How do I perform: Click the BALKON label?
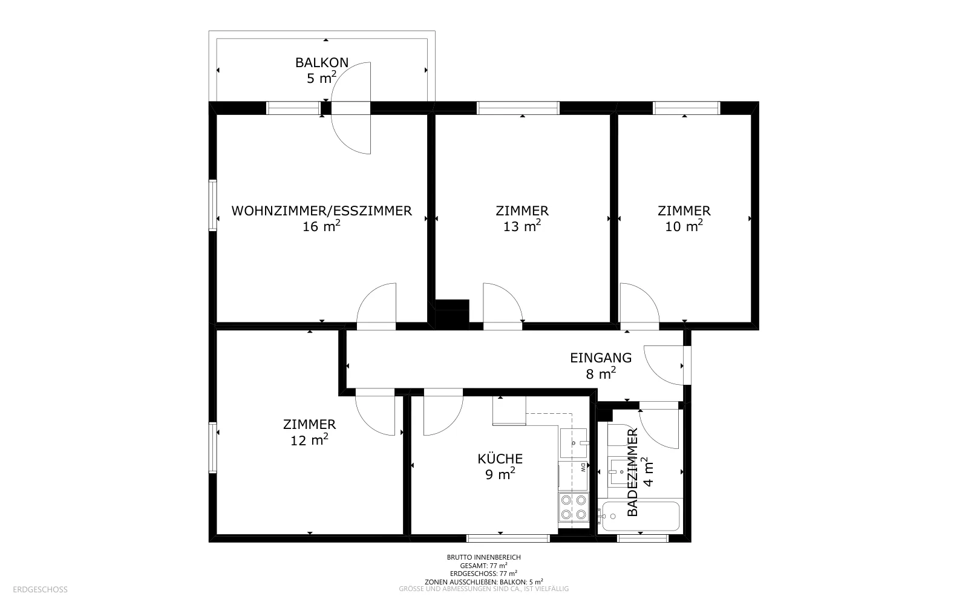pyautogui.click(x=321, y=63)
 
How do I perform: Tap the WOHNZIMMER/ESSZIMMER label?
pyautogui.click(x=321, y=211)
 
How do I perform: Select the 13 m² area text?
pyautogui.click(x=522, y=226)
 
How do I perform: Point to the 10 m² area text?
pyautogui.click(x=684, y=226)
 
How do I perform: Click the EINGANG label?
pyautogui.click(x=601, y=358)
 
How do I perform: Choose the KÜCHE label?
pyautogui.click(x=500, y=459)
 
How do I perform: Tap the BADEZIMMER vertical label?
pyautogui.click(x=632, y=472)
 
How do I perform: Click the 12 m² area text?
pyautogui.click(x=309, y=440)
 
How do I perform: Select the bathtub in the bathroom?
pyautogui.click(x=639, y=516)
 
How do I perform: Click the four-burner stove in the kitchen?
pyautogui.click(x=574, y=508)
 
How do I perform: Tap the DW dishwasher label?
pyautogui.click(x=583, y=468)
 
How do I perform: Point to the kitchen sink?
pyautogui.click(x=574, y=443)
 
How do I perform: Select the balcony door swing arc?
pyautogui.click(x=341, y=108)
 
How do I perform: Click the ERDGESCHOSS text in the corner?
pyautogui.click(x=40, y=590)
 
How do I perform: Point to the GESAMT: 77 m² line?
pyautogui.click(x=483, y=565)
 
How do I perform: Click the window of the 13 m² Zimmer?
pyautogui.click(x=518, y=108)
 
